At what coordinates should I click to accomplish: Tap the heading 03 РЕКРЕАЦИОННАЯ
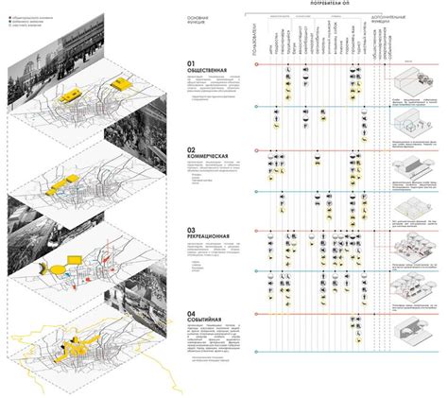coord(215,233)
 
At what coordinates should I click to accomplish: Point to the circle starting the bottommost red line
coord(258,316)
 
